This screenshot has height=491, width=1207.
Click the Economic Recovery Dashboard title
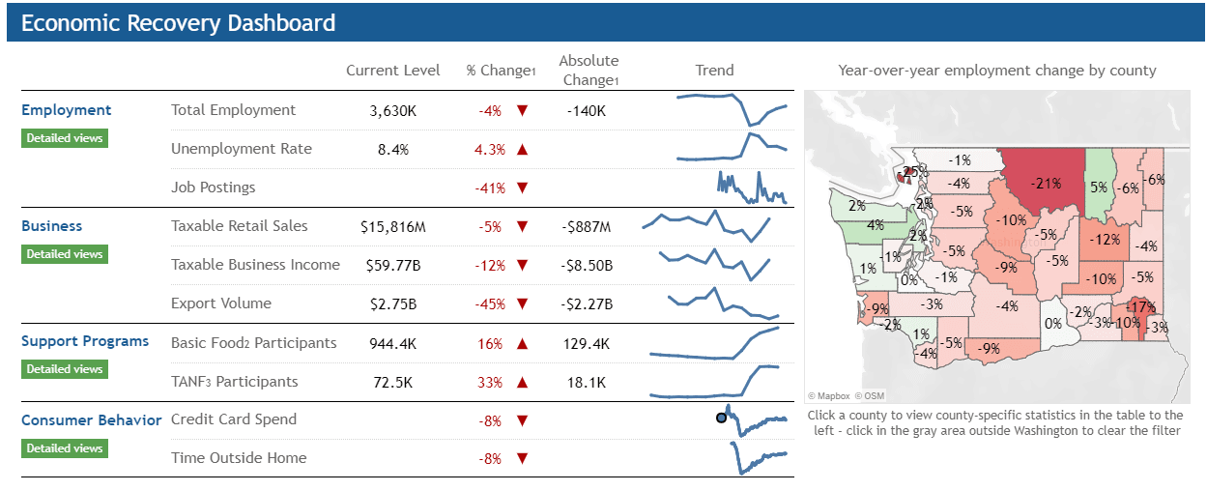[x=178, y=23]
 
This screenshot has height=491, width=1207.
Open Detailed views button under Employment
[x=64, y=138]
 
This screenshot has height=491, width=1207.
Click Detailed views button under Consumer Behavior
[x=64, y=448]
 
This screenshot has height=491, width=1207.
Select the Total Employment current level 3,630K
[x=392, y=111]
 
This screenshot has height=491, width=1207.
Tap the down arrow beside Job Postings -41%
[x=523, y=188]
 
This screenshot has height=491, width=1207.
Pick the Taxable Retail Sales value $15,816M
[x=392, y=227]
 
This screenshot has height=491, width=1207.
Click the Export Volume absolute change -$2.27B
[x=586, y=304]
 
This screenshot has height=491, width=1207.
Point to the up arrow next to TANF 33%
[x=523, y=383]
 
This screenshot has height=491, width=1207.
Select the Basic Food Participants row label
[x=253, y=343]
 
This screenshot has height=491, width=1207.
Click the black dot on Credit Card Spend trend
[x=721, y=418]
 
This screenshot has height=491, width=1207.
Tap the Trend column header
[x=714, y=71]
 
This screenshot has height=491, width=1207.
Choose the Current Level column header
[x=392, y=71]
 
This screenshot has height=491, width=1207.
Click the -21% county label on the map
[x=1046, y=182]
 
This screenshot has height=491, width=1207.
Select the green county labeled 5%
[x=1099, y=188]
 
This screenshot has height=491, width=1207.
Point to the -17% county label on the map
[x=1140, y=307]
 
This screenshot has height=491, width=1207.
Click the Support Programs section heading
[x=85, y=341]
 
